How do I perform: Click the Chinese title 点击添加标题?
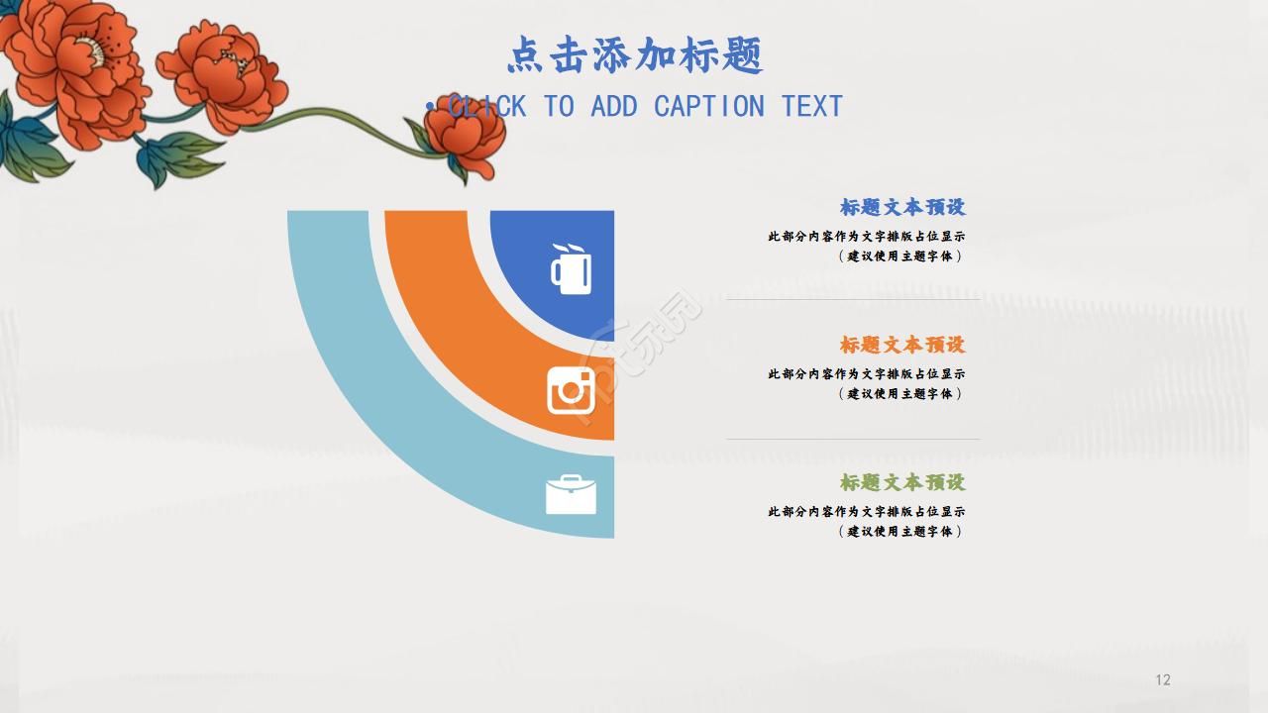coord(635,55)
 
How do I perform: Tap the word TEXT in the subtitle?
coord(811,106)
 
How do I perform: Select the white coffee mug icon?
coord(571,268)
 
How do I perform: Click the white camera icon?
coord(571,390)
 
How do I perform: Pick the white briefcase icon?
coord(571,494)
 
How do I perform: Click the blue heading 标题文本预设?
coord(901,207)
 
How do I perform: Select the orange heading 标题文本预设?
coord(901,345)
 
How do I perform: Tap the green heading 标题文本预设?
coord(901,482)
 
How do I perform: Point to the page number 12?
coord(1163,679)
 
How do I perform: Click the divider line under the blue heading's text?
coord(852,299)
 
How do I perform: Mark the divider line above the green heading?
coord(852,439)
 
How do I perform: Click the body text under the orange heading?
coord(866,383)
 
